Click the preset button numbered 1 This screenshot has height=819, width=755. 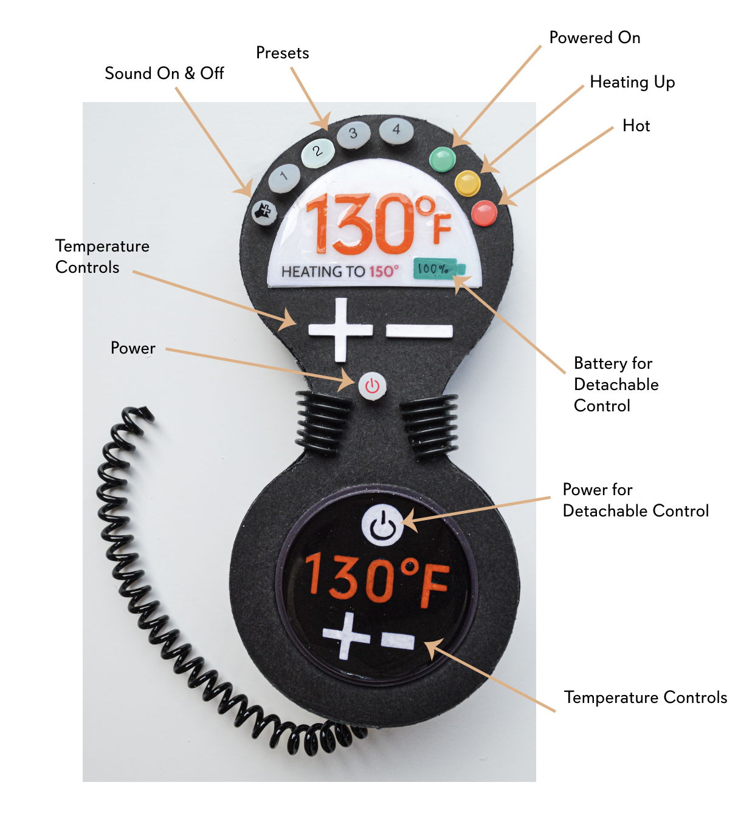coord(284,177)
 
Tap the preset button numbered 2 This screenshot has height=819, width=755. coord(317,151)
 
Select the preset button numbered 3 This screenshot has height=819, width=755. coord(353,134)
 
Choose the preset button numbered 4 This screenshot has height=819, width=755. coord(396,129)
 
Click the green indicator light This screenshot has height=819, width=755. coord(442,159)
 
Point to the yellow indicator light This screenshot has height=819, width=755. coord(467,183)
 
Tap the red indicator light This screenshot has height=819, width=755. coord(484,213)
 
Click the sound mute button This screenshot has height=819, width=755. coord(264,212)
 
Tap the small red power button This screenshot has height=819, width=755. coord(372,386)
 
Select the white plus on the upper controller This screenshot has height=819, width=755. coord(340,329)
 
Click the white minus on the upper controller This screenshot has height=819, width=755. coord(419,331)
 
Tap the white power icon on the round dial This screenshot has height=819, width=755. coord(382,524)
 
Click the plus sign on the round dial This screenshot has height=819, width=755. coord(347,636)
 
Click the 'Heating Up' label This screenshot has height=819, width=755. coord(632,82)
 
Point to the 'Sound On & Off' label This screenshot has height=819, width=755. coord(164,74)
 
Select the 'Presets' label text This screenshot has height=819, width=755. coord(282,53)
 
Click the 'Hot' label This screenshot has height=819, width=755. coord(636,126)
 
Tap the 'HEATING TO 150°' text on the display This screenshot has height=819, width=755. coord(340,272)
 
